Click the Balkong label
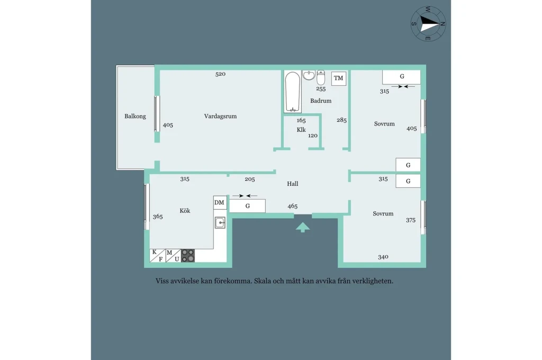point(135,116)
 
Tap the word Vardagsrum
point(220,116)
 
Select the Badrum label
point(321,101)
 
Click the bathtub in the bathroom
point(292,92)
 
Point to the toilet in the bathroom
point(321,77)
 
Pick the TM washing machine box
point(338,78)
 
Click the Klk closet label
point(301,130)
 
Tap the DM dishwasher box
point(220,203)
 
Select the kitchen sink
point(220,222)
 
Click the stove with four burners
point(188,256)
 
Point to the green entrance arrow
point(303,227)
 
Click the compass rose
point(428,24)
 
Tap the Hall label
point(292,184)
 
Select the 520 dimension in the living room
point(220,74)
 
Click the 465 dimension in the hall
point(292,206)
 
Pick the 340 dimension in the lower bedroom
point(383,257)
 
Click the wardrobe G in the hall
point(248,206)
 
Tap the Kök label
point(185,211)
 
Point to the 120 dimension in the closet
point(313,136)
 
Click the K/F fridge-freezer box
point(157,256)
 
